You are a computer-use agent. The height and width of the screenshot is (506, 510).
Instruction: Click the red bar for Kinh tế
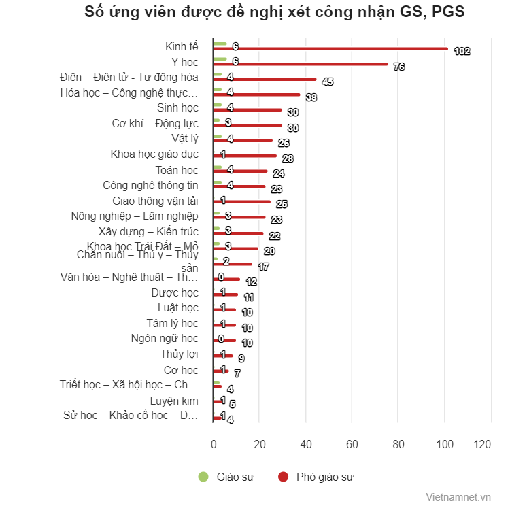point(330,48)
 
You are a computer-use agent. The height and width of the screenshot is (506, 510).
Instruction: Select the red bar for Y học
point(301,64)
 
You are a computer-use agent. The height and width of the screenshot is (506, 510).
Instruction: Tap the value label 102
point(462,51)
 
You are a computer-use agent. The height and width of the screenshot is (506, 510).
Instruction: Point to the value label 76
point(399,67)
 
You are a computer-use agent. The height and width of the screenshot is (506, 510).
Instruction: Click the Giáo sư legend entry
point(226,477)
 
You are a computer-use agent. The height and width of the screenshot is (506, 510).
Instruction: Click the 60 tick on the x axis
point(352,444)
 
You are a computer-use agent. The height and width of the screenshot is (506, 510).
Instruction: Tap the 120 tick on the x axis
point(482,444)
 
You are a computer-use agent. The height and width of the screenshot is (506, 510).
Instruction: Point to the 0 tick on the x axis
point(214,444)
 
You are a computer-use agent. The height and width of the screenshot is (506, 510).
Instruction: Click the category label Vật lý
point(184,139)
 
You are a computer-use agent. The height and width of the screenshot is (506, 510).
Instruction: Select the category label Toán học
point(177,170)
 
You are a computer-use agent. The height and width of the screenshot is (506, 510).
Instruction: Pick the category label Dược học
point(175,293)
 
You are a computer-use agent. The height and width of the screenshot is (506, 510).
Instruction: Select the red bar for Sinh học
point(248,109)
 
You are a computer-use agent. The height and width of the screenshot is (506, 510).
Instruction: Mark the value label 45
point(327,82)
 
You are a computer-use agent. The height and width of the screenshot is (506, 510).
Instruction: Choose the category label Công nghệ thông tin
point(151,185)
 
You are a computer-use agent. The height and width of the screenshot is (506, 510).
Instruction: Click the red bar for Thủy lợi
point(223,356)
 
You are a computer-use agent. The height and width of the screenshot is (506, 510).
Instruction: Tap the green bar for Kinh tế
point(220,44)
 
